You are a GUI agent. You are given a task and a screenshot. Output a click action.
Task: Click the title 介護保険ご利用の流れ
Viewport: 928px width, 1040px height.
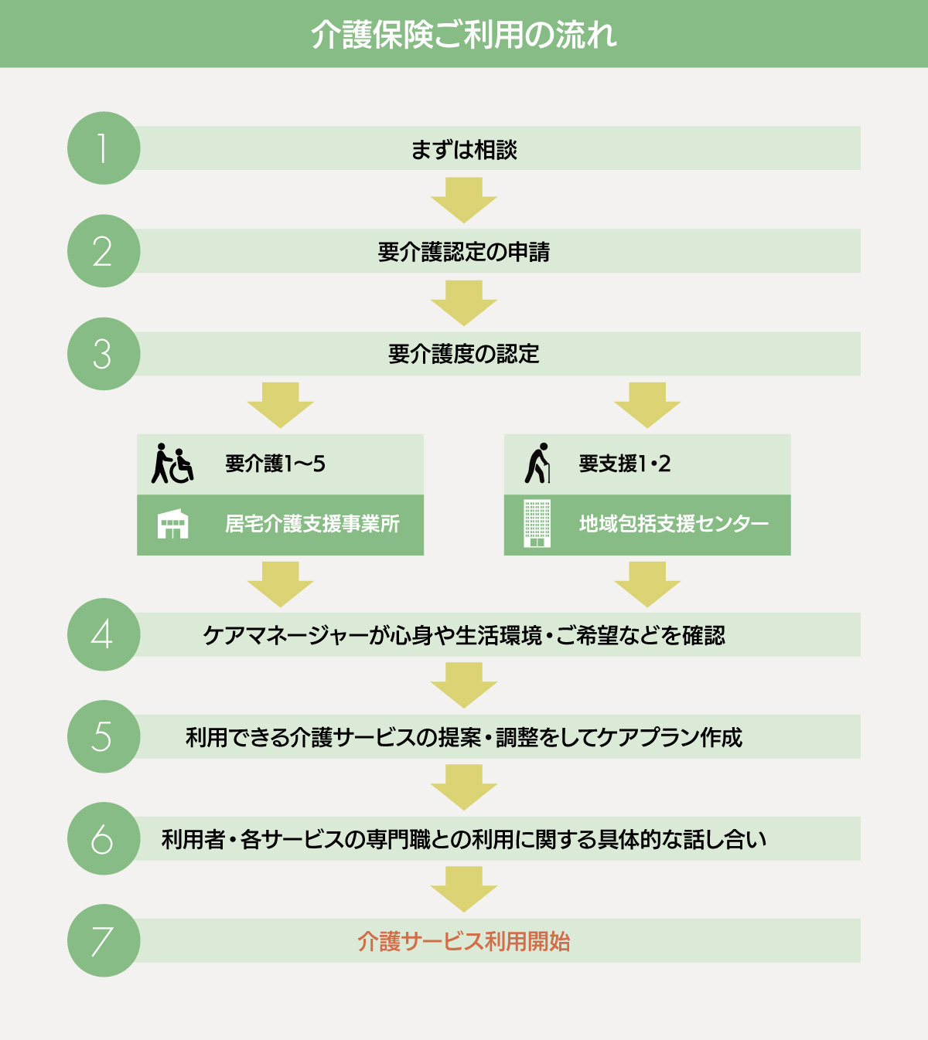pos(463,35)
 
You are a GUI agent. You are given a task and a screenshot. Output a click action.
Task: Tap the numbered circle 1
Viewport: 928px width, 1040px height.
pos(104,148)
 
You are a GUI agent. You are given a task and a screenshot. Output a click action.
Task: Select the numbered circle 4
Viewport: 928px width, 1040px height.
pos(104,634)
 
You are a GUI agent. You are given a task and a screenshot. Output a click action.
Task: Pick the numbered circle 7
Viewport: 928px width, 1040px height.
pos(104,940)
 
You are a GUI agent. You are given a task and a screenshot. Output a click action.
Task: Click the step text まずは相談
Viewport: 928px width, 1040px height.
pos(463,149)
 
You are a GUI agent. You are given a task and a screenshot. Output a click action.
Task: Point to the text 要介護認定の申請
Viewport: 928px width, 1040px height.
pos(463,252)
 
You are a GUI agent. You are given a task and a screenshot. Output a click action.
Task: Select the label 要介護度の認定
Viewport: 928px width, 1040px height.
pos(463,354)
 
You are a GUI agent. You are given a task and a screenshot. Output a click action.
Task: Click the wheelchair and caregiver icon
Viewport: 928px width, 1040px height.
pos(172,464)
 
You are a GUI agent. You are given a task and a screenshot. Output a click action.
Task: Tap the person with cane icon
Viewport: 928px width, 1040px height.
pos(537,463)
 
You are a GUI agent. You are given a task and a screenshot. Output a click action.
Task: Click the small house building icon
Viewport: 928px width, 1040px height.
pos(172,524)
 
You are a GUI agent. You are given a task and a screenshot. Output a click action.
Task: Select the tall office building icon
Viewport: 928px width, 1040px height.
pos(537,524)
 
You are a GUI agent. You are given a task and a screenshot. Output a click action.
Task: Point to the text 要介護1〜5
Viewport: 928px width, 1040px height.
pos(275,464)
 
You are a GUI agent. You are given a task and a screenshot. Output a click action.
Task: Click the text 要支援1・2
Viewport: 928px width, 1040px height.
pos(624,464)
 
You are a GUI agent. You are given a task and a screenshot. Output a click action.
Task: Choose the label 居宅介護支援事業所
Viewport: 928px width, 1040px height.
pos(312,524)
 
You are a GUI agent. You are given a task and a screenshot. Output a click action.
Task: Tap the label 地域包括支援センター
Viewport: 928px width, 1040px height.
pos(674,524)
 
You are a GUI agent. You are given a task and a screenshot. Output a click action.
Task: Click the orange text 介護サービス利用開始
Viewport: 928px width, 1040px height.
pos(463,941)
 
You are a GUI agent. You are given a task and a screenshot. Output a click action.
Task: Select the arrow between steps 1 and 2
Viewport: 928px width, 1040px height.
pos(463,200)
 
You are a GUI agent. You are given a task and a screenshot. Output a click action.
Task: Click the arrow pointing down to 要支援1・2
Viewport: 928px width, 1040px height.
pos(647,405)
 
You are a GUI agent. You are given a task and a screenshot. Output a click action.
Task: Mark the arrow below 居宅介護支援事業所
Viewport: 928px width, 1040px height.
pos(280,584)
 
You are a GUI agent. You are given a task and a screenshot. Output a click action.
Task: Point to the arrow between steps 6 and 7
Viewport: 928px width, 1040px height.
pos(463,889)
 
